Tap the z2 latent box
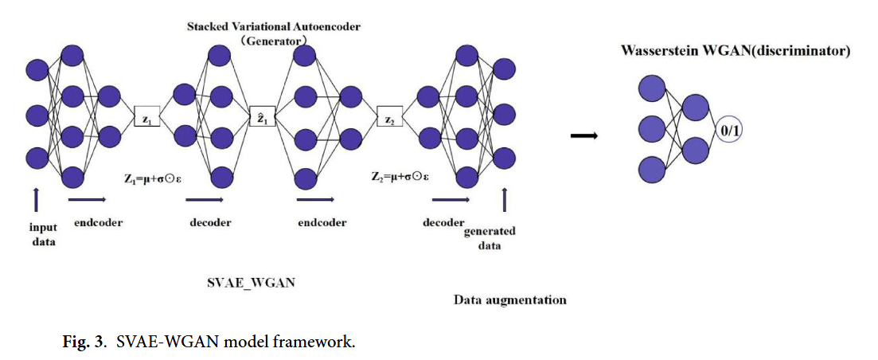pyautogui.click(x=389, y=118)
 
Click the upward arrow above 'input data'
pyautogui.click(x=37, y=199)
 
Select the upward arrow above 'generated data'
pyautogui.click(x=503, y=199)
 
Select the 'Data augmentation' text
pyautogui.click(x=509, y=300)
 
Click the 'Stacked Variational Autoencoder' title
pyautogui.click(x=273, y=26)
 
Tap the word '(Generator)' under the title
pyautogui.click(x=273, y=37)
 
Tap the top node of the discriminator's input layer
pyautogui.click(x=653, y=88)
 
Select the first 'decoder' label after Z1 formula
pyautogui.click(x=210, y=223)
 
